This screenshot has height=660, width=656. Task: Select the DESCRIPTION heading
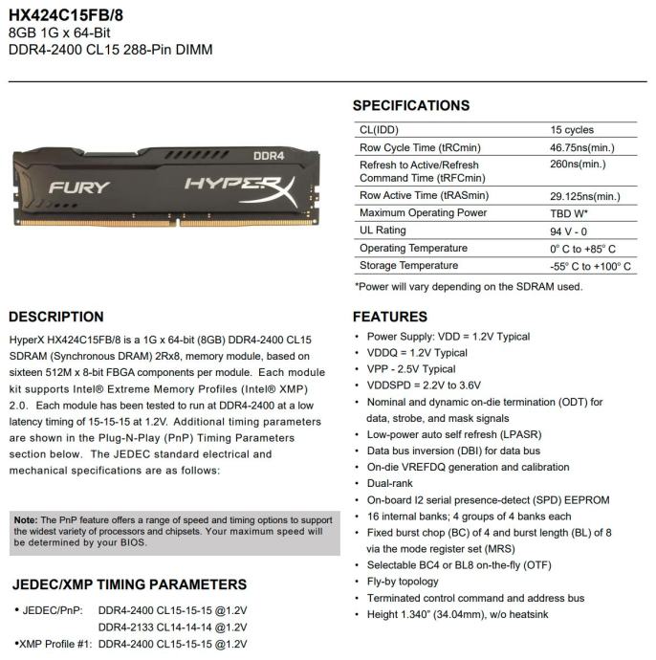[56, 317]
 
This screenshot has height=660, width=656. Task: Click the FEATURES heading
[390, 317]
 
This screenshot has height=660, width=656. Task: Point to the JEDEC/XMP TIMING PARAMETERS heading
[129, 584]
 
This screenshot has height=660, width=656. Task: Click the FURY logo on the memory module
[79, 187]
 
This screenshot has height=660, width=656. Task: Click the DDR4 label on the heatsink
[269, 155]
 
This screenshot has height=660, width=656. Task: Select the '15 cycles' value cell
[572, 130]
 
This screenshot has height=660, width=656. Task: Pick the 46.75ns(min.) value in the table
[582, 148]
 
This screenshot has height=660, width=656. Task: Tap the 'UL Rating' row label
[383, 231]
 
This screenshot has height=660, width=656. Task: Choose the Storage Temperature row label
[408, 266]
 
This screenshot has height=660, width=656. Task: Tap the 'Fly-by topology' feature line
[403, 582]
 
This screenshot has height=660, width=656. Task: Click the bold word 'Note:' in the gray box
[26, 519]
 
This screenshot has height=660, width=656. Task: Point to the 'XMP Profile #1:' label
[55, 645]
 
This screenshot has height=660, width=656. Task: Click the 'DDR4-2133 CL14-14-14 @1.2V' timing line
[172, 627]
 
